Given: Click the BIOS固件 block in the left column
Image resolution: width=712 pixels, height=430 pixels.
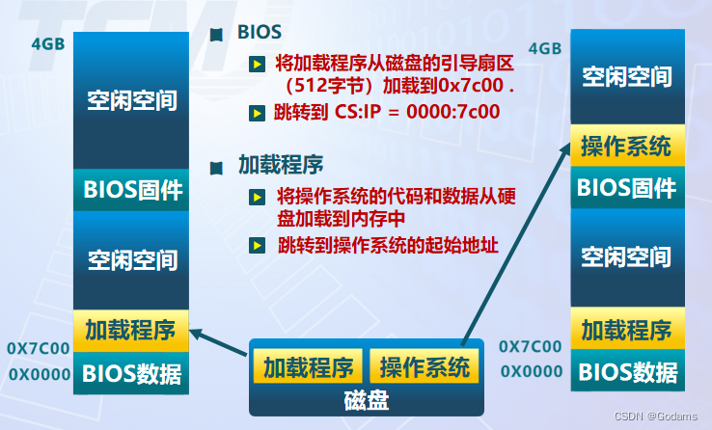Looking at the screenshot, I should (133, 190).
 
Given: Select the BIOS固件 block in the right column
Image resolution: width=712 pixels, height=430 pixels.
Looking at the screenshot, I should (626, 187).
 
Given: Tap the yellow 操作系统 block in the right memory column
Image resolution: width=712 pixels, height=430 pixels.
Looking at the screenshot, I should (626, 147).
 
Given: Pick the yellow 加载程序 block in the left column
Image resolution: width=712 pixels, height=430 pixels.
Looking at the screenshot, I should (130, 331).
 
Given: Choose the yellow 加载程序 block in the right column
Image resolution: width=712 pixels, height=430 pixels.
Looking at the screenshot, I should (626, 331).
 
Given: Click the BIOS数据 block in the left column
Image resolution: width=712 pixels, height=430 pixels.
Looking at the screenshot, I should (132, 372).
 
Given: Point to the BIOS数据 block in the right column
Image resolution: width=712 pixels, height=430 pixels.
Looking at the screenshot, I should (626, 372).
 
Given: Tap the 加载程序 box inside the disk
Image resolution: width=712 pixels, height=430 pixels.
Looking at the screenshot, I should (309, 366).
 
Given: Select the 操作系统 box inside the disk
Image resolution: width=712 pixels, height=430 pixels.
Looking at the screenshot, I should (424, 366).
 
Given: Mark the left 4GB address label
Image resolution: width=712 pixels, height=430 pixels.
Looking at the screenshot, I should (47, 43).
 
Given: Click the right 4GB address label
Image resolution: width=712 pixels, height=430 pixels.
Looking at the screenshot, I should (545, 48).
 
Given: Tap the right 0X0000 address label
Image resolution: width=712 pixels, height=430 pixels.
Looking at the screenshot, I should (532, 371).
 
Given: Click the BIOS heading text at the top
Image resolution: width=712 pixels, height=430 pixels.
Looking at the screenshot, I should (260, 32).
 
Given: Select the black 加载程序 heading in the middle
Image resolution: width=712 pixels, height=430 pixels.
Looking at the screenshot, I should (280, 163).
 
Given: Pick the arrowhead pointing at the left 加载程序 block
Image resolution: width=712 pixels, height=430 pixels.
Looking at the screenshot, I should (197, 334).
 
